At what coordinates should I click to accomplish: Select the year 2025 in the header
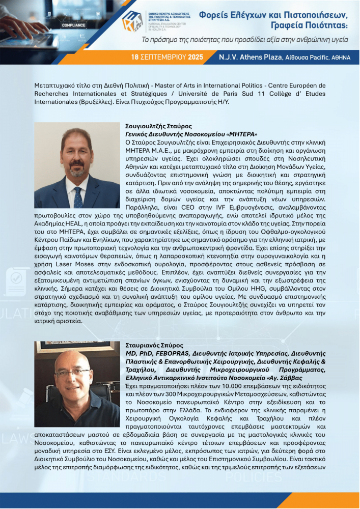(196, 57)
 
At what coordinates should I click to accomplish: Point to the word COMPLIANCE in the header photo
(73, 24)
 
